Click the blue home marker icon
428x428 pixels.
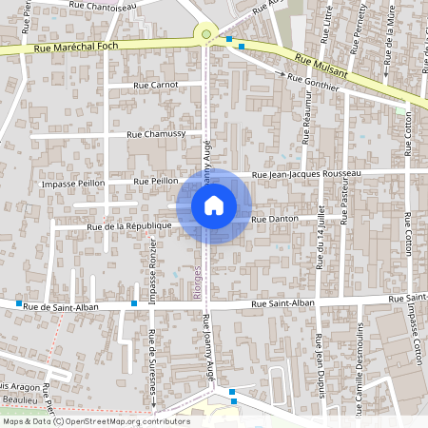coord(214,204)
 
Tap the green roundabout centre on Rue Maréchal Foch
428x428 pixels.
coord(206,35)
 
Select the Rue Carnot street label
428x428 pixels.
coord(157,86)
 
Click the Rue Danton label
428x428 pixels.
coord(276,219)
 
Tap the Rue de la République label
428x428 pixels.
coord(128,226)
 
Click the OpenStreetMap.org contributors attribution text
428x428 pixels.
coord(128,421)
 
